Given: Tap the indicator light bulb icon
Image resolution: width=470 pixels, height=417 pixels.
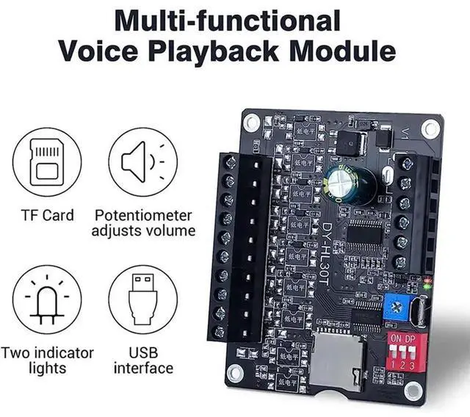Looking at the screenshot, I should (46, 300).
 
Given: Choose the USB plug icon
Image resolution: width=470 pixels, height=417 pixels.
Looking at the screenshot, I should (142, 300).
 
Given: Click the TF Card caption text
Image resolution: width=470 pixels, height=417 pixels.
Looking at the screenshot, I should (47, 215).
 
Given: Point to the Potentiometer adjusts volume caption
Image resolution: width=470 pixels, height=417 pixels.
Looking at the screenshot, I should (143, 222).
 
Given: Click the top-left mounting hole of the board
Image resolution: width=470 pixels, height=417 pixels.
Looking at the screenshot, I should (253, 120).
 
